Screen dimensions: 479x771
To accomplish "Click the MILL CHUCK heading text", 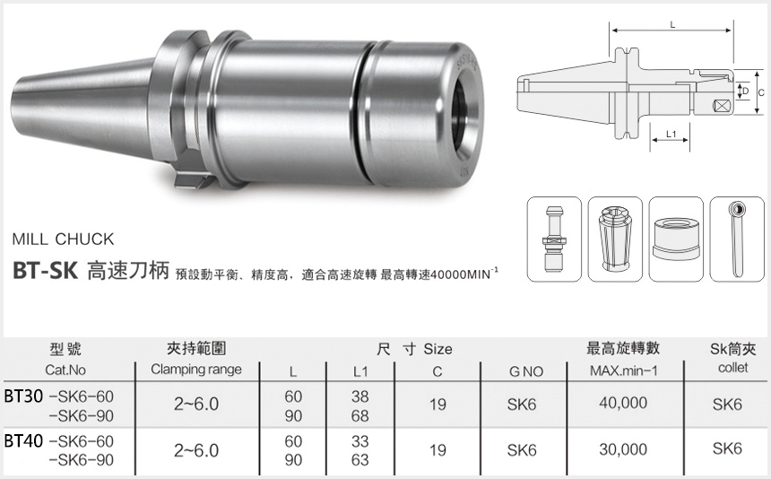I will [x=63, y=239].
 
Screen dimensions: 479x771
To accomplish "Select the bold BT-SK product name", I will [x=46, y=271].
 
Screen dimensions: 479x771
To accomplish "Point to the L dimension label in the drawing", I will [x=672, y=25].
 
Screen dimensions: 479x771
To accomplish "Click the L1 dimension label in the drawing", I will [x=670, y=135].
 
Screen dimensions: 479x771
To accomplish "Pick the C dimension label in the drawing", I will [x=759, y=92].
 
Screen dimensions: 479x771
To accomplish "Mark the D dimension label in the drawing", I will [x=743, y=91].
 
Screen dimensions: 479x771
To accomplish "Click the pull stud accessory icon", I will [x=553, y=238].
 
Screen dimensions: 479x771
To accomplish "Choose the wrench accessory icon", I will [x=737, y=238].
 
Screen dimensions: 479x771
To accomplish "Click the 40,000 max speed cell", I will [x=623, y=404].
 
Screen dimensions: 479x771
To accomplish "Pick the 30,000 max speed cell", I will [x=623, y=449].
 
